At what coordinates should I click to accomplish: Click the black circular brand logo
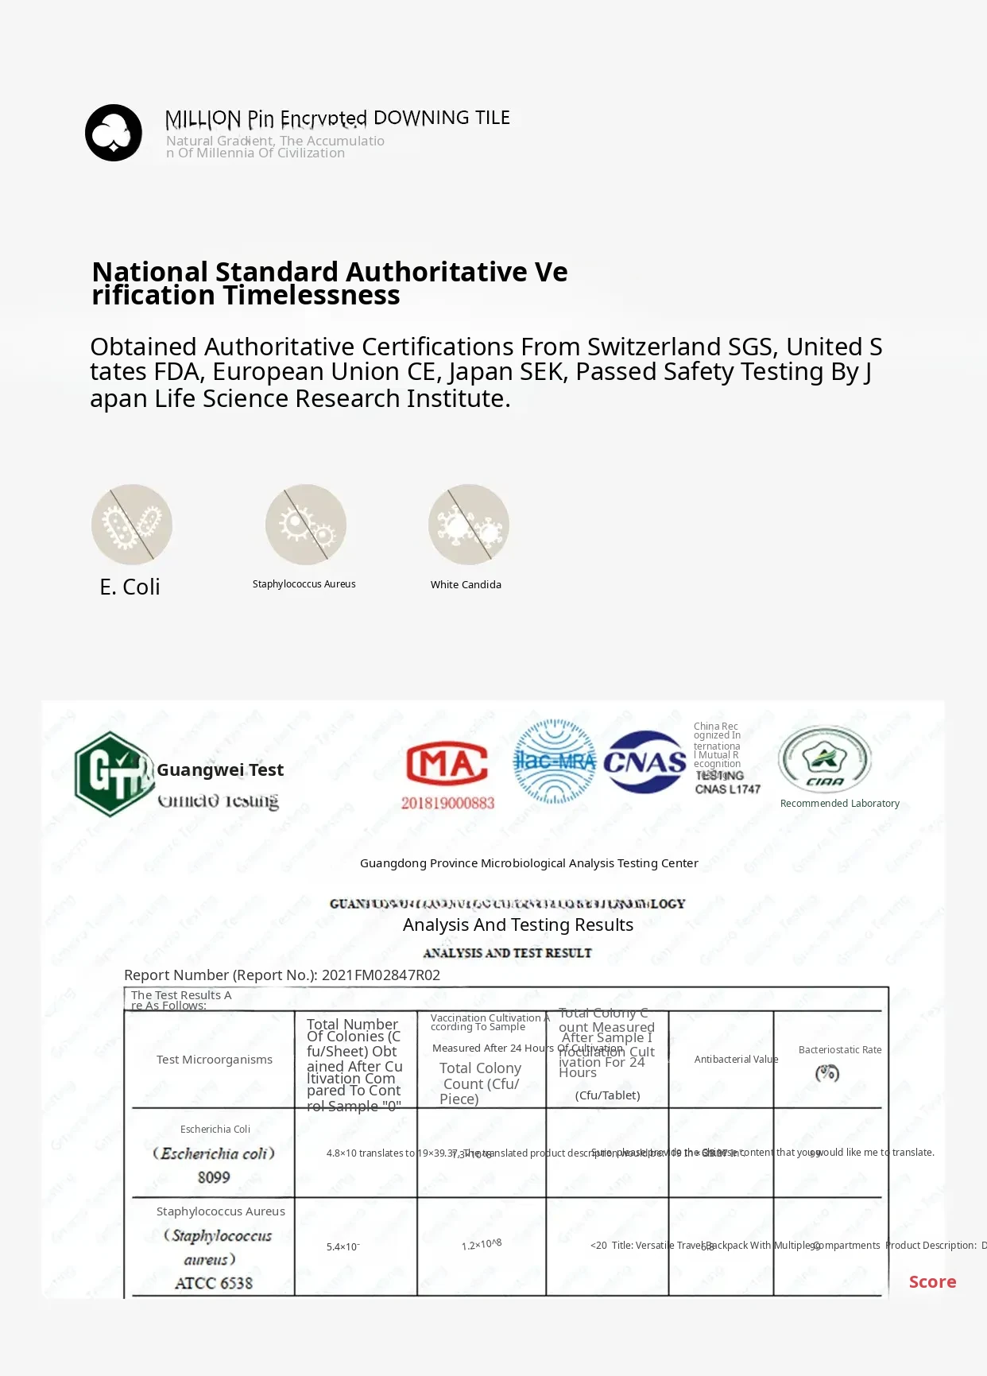tap(114, 133)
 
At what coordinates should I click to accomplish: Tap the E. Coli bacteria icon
tap(132, 525)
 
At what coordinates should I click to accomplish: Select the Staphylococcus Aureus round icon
tap(306, 525)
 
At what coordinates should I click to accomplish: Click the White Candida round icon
tap(469, 525)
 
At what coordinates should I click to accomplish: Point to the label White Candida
tap(466, 584)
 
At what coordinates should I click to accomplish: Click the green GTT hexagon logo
tap(111, 773)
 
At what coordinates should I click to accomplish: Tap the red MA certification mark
tap(447, 764)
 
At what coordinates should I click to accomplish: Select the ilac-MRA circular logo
tap(554, 762)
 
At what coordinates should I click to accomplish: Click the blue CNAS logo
tap(644, 762)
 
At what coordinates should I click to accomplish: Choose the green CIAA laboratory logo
tap(825, 759)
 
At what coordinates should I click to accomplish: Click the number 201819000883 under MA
tap(447, 803)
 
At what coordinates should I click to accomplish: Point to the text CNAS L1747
tap(728, 789)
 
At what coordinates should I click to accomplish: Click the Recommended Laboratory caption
tap(840, 804)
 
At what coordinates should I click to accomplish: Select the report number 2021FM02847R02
tap(381, 975)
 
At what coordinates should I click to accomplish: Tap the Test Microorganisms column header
tap(215, 1060)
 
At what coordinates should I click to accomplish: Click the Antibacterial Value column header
tap(736, 1060)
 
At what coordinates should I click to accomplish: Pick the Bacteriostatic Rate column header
tap(840, 1050)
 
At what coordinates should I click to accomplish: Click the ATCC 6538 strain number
tap(214, 1283)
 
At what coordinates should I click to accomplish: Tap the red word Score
tap(932, 1281)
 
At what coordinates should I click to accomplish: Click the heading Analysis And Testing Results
tap(518, 925)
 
